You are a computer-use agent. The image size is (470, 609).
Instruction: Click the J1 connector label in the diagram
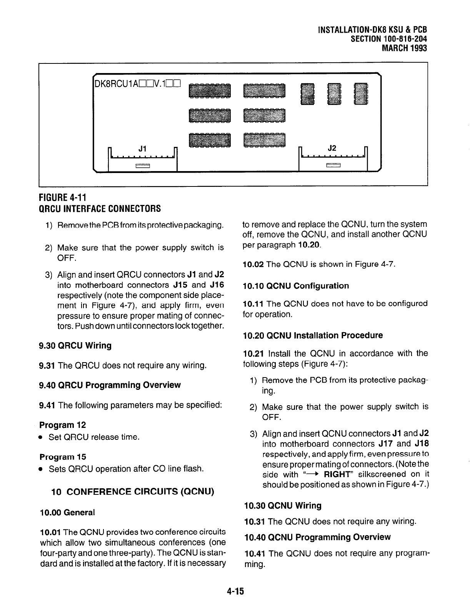(142, 148)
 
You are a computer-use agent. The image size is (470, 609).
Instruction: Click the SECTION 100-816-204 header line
(389, 39)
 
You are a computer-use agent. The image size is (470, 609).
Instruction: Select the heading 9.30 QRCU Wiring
(75, 346)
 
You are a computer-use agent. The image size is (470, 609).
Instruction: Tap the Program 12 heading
(62, 425)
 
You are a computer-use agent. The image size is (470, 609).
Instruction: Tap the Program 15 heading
(62, 457)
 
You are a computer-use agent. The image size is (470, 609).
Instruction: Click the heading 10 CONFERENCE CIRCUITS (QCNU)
(132, 492)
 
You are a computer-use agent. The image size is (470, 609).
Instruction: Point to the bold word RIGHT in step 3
(338, 474)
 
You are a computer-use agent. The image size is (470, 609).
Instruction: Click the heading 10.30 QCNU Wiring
(283, 506)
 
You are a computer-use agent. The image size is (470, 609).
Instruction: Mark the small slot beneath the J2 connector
(333, 166)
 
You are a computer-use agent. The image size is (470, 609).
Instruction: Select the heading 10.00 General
(67, 512)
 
